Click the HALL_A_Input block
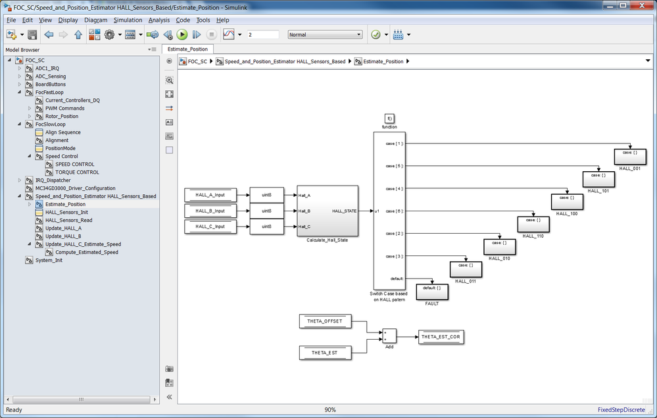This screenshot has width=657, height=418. [x=210, y=195]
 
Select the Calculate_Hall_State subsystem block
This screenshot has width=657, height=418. [x=328, y=211]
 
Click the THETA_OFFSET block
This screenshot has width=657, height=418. [x=325, y=321]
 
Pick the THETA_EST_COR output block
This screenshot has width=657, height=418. [x=441, y=336]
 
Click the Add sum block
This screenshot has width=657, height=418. [x=389, y=336]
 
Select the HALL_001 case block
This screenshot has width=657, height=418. [x=630, y=157]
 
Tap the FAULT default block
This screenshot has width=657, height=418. [x=432, y=292]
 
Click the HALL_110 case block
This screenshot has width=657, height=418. [x=533, y=224]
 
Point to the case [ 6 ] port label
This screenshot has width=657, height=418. [x=395, y=211]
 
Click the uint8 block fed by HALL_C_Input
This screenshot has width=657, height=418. [x=266, y=226]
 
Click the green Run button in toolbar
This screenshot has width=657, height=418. [x=182, y=35]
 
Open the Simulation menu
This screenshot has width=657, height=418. [x=128, y=20]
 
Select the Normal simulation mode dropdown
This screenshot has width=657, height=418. [x=325, y=35]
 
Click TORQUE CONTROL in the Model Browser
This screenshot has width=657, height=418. [x=77, y=172]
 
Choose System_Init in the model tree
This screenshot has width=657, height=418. [x=49, y=261]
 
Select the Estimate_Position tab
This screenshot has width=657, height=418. [x=187, y=49]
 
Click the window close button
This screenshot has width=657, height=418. [x=641, y=5]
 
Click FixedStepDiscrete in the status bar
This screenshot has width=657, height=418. [x=621, y=409]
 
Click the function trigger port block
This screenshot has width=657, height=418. [x=389, y=118]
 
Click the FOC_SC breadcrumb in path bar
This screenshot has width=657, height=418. [x=197, y=61]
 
